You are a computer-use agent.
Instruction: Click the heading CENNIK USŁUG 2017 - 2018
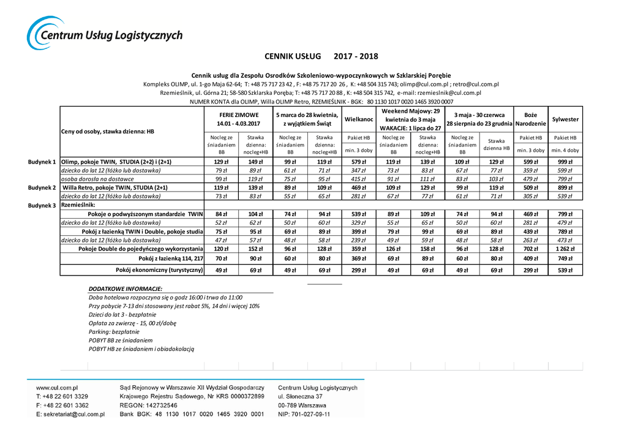coord(321,56)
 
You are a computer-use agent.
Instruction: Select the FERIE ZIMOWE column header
coord(239,119)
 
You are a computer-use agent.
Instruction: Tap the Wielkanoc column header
coord(359,119)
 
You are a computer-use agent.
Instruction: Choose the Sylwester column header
coord(565,119)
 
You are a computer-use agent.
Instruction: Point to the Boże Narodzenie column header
coord(530,119)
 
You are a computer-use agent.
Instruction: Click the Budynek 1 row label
coord(42,162)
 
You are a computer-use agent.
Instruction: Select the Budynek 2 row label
coord(42,187)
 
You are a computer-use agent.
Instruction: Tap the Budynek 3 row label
coord(42,205)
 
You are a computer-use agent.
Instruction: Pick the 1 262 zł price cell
coord(565,249)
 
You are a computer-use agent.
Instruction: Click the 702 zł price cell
coord(530,249)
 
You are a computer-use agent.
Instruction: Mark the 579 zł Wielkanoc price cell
coord(359,162)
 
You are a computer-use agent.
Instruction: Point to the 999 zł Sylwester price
coord(565,162)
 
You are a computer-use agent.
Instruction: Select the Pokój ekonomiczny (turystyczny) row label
coord(159,270)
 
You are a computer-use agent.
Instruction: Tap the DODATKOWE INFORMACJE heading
coord(125,288)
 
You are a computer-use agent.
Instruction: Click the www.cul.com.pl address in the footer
coord(57,388)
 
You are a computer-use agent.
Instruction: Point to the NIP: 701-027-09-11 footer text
coord(304,414)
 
